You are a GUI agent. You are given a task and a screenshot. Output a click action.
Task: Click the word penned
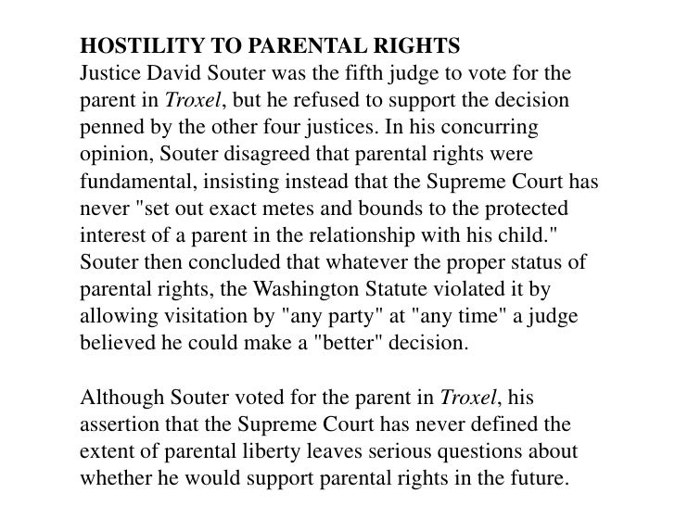click(x=109, y=124)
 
